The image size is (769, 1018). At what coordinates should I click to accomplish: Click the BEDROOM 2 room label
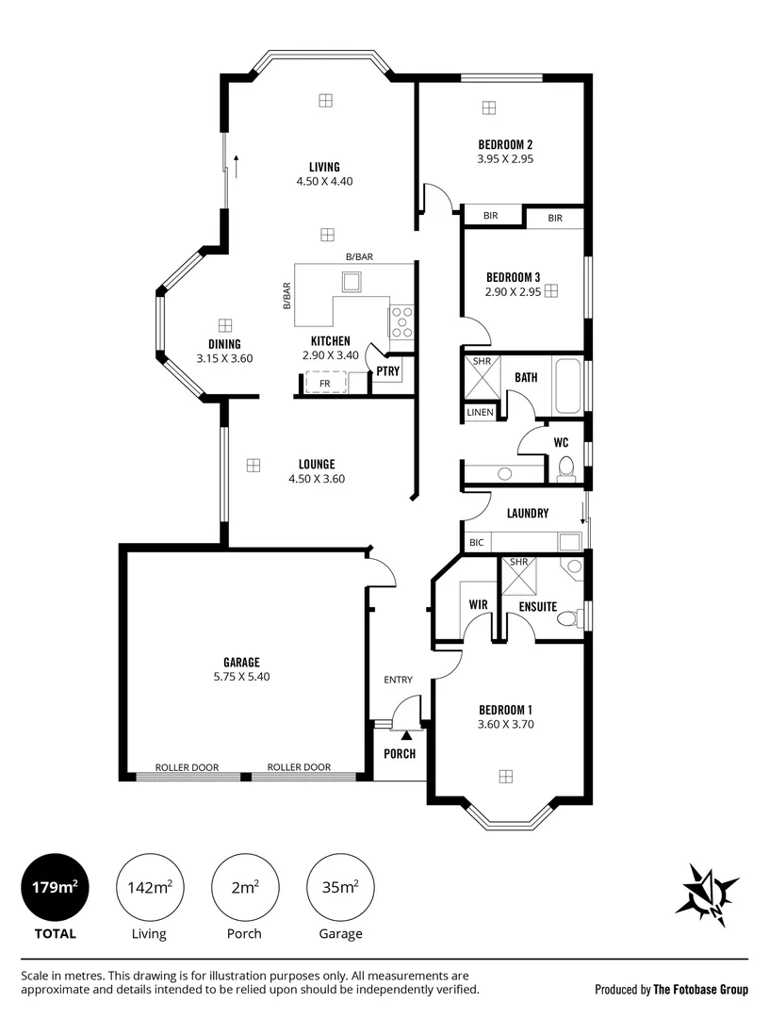pos(505,145)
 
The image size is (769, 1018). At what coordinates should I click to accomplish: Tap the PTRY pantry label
pos(388,371)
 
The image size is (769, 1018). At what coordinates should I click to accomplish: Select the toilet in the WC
pos(565,468)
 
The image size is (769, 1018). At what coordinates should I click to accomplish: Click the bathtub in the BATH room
pos(568,386)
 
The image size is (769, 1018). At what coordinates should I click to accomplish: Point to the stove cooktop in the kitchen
pos(401,320)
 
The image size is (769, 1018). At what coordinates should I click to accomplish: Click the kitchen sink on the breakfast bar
pos(352,283)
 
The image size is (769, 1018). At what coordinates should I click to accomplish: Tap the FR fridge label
pos(324,384)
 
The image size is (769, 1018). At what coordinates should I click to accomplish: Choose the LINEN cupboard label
pos(481,412)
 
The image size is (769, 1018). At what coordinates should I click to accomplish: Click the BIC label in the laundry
pos(476,542)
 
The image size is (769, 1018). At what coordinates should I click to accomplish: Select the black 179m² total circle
pos(56,887)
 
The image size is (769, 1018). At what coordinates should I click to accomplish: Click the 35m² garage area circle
pos(340,887)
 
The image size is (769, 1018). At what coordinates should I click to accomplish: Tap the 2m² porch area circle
pos(245,887)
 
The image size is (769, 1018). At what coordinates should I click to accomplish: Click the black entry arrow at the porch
pos(406,735)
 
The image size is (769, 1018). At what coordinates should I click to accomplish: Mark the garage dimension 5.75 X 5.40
pos(241,677)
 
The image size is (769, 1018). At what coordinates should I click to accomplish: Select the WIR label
pos(479,604)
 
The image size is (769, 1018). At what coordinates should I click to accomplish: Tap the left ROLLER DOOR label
pos(187,767)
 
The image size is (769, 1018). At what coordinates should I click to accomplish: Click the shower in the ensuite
pos(519,576)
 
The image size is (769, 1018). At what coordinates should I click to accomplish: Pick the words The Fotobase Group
pos(701,990)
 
